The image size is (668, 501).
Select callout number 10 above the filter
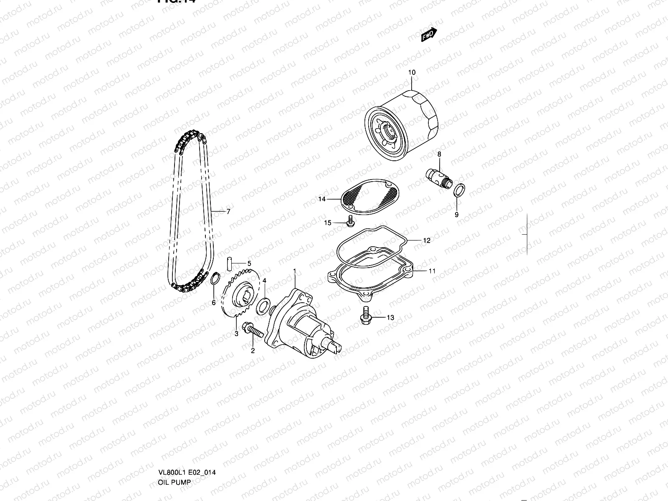412,73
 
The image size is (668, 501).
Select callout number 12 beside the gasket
426,240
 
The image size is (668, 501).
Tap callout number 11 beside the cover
432,271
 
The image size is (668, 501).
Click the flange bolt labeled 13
366,314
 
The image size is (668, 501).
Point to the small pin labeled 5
230,264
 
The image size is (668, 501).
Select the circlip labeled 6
214,278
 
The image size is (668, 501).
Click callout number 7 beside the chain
228,212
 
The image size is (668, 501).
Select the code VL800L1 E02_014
187,473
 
